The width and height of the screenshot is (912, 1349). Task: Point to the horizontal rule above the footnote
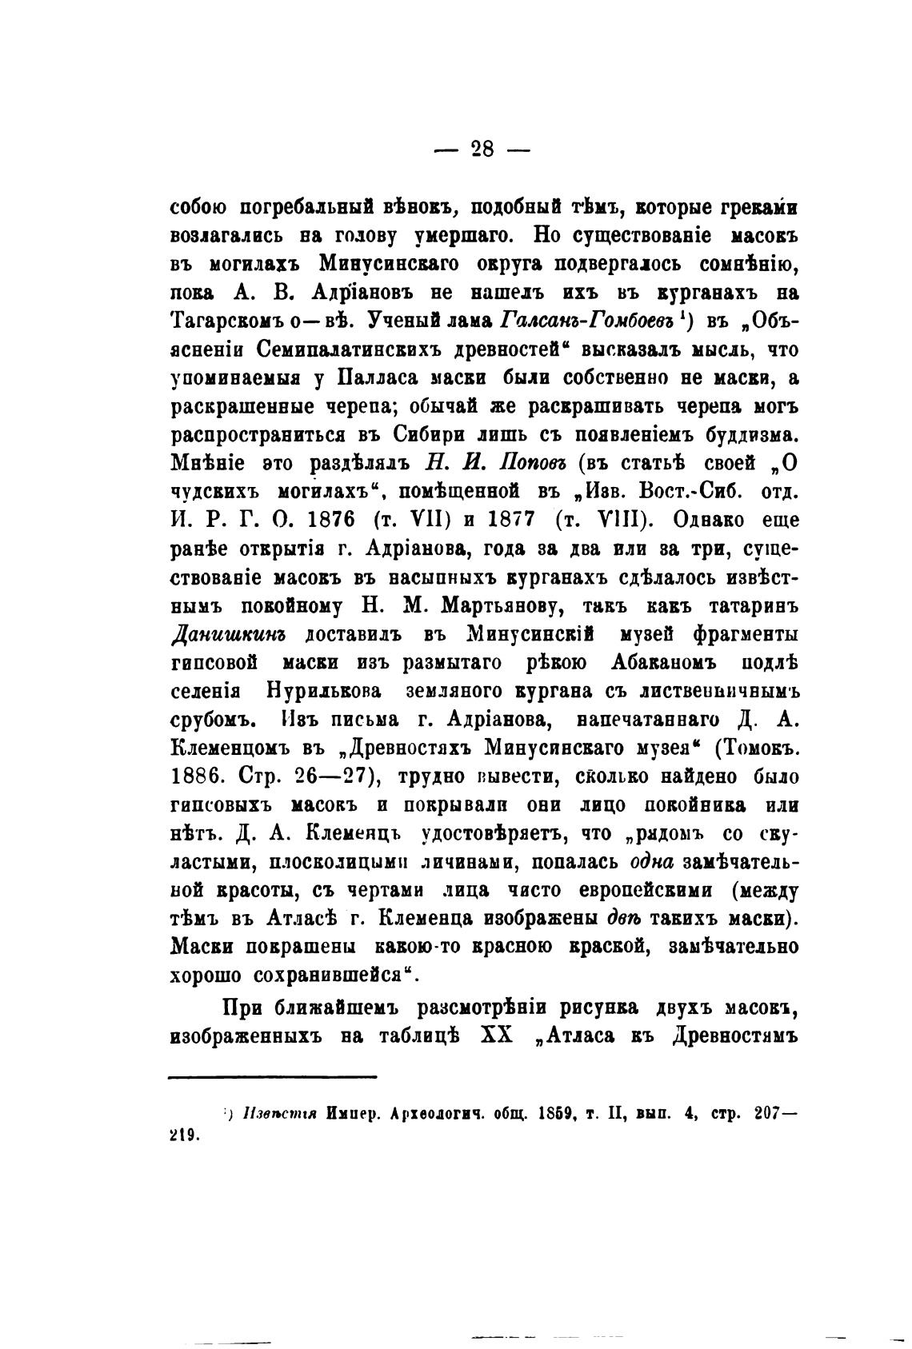coord(272,1077)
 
